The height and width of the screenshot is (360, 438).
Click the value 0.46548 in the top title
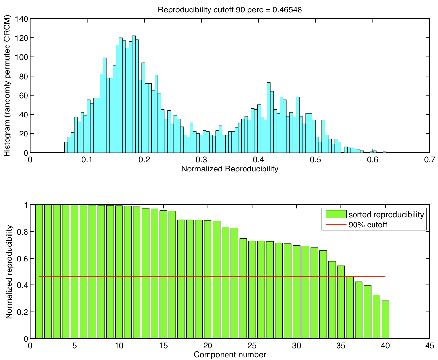(287, 10)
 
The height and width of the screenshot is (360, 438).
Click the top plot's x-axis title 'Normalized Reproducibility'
(229, 169)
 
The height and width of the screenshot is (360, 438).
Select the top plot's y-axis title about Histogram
(7, 86)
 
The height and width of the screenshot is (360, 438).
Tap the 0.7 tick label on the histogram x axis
(429, 160)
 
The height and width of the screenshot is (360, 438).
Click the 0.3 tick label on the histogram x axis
(201, 160)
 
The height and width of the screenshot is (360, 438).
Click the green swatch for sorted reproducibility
(336, 214)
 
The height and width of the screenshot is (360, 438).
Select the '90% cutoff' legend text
(368, 225)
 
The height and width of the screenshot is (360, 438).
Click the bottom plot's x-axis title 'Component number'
(229, 355)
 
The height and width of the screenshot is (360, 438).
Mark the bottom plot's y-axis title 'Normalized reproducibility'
(9, 272)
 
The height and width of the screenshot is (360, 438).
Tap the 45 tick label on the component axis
(429, 346)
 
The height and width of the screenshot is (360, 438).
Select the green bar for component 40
(385, 319)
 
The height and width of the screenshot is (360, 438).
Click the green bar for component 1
(39, 272)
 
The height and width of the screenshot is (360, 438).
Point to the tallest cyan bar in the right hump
(268, 118)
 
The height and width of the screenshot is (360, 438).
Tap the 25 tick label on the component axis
(252, 346)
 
